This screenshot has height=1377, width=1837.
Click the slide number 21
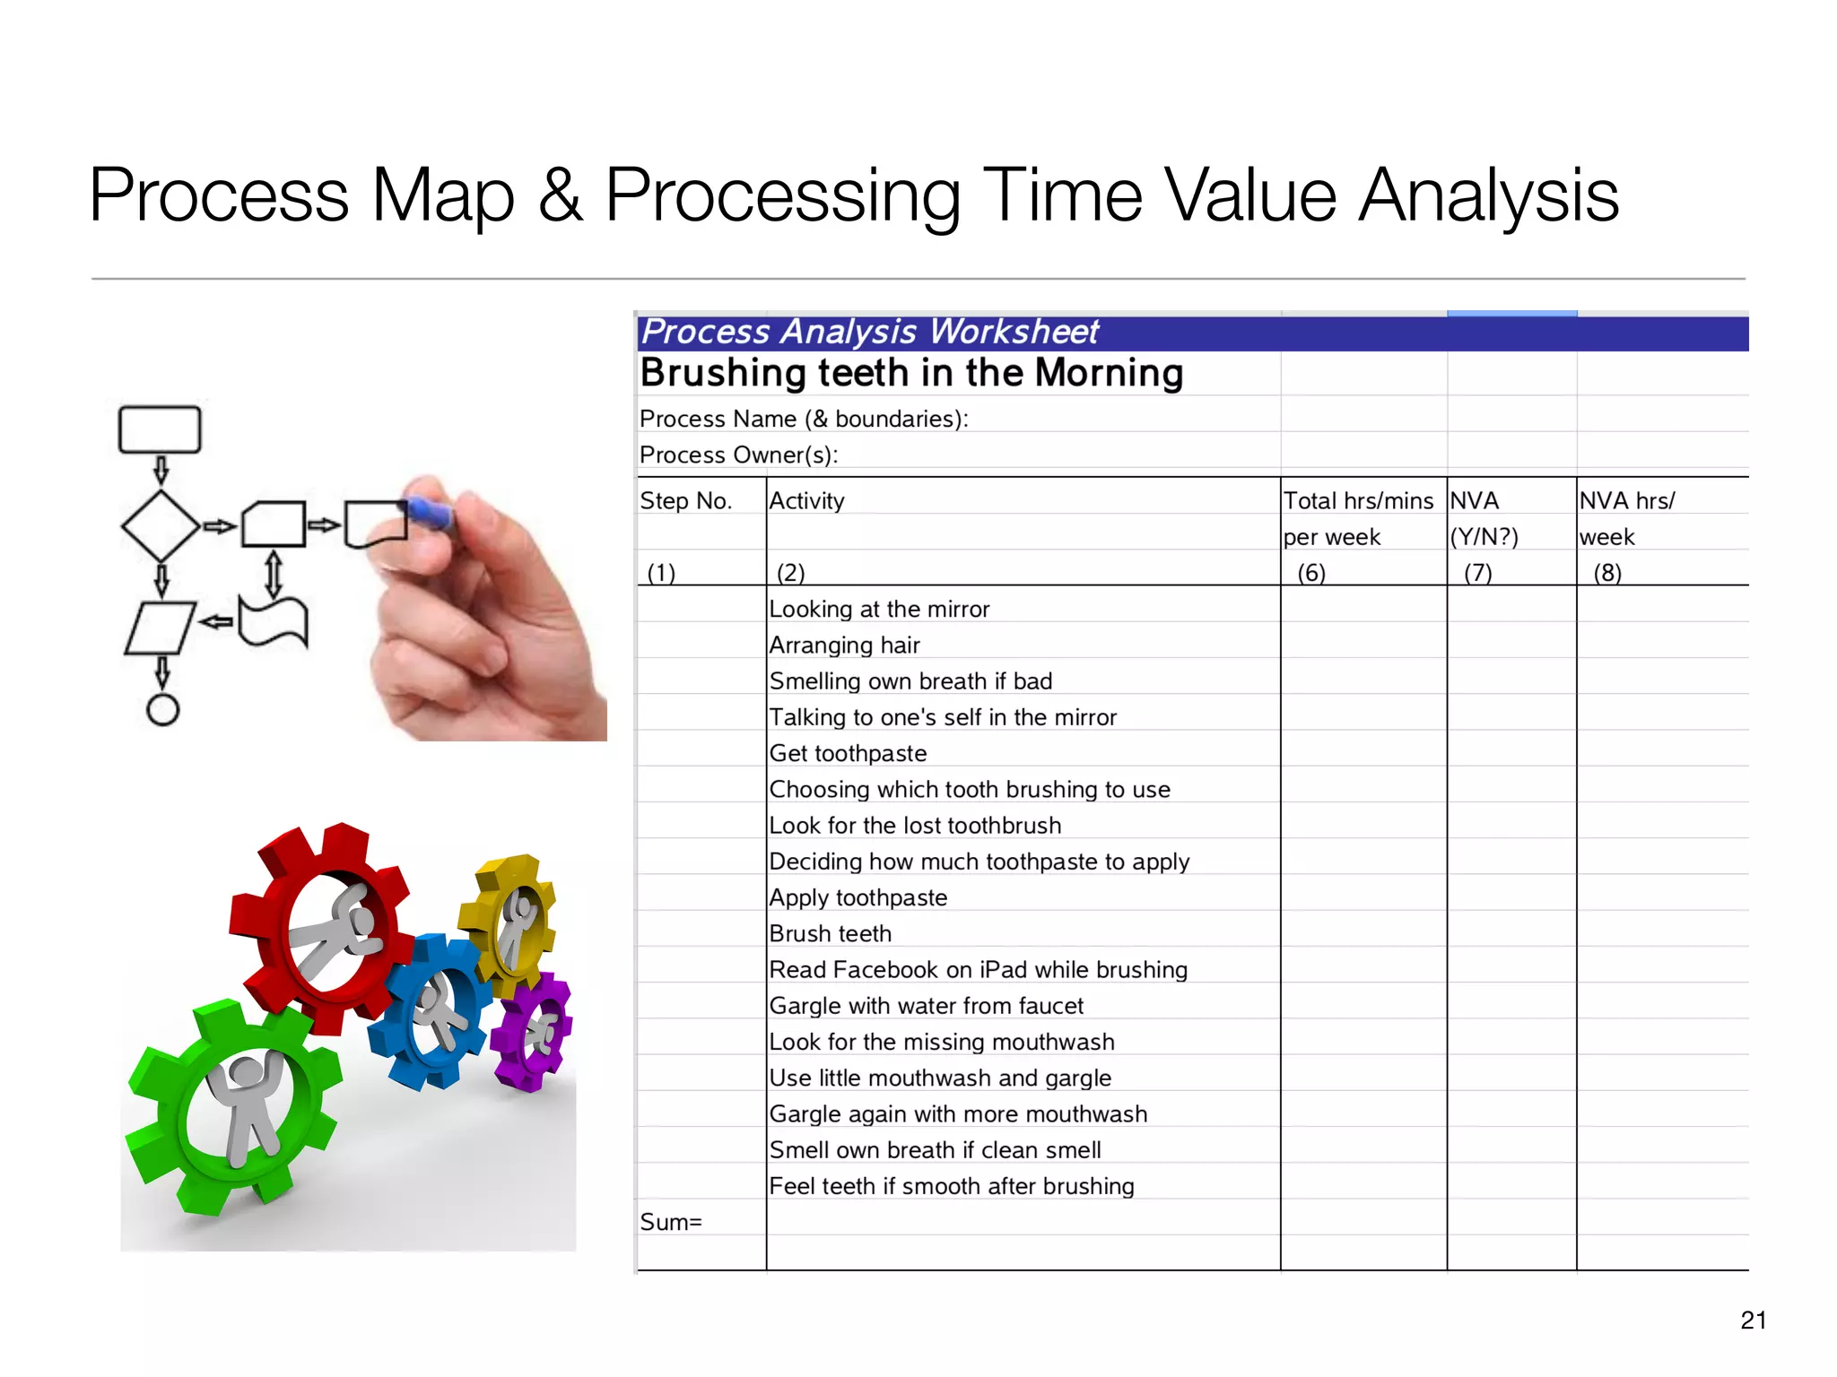pyautogui.click(x=1753, y=1320)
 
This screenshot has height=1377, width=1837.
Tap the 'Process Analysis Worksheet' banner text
pyautogui.click(x=870, y=333)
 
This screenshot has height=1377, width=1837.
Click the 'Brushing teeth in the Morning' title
pyautogui.click(x=911, y=373)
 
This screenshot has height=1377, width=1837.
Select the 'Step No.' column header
pyautogui.click(x=685, y=500)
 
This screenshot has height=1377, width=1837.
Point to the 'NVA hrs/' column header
pyautogui.click(x=1626, y=500)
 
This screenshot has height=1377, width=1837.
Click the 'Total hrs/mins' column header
pyautogui.click(x=1358, y=500)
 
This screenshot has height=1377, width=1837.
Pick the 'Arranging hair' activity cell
pyautogui.click(x=844, y=645)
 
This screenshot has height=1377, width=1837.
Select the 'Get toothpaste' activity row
pyautogui.click(x=848, y=753)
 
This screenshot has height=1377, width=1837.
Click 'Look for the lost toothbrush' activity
pyautogui.click(x=915, y=826)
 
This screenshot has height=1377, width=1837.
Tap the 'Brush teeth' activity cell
pyautogui.click(x=830, y=934)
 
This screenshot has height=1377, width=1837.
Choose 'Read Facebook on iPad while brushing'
pyautogui.click(x=978, y=970)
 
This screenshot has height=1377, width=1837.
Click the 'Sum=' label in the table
pyautogui.click(x=670, y=1222)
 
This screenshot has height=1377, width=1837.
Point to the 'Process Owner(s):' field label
pyautogui.click(x=738, y=455)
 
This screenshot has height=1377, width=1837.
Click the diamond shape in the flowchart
pyautogui.click(x=161, y=526)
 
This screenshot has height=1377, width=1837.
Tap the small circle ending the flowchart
pyautogui.click(x=162, y=710)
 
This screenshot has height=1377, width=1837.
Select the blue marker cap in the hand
pyautogui.click(x=429, y=514)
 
